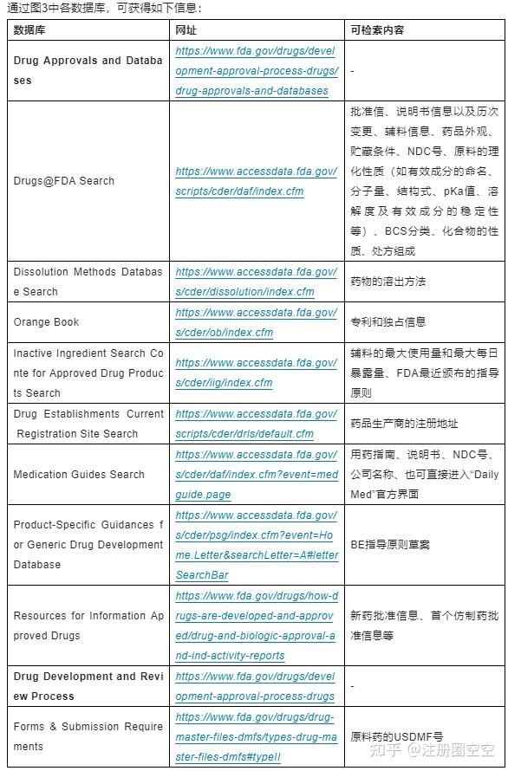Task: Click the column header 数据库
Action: (30, 29)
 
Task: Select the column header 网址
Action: (185, 29)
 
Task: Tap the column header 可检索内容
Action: (377, 29)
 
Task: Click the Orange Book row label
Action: (46, 322)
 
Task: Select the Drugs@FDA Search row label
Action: (63, 181)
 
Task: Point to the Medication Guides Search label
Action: (79, 475)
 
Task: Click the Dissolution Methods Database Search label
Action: (88, 282)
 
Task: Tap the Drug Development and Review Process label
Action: (88, 686)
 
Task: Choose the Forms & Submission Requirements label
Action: (88, 736)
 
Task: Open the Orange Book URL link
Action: (256, 322)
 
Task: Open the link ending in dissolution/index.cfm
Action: (256, 282)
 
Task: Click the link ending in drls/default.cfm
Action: (256, 424)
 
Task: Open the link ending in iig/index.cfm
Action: (256, 373)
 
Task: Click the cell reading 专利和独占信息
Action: (388, 322)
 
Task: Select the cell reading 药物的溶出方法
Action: (388, 282)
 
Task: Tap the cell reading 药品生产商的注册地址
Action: (404, 424)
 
